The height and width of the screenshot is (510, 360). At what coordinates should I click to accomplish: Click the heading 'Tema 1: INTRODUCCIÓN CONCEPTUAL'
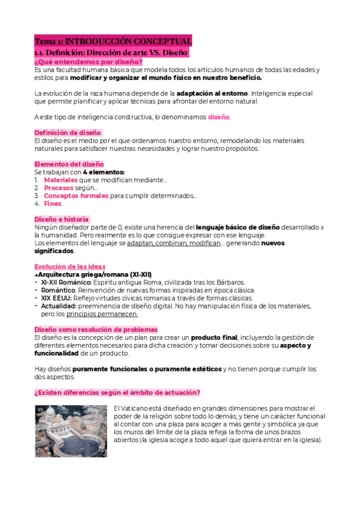(x=113, y=41)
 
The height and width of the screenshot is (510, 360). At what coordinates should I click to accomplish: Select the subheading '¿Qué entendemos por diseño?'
(x=88, y=62)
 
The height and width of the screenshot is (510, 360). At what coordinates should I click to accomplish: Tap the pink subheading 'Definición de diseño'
(x=68, y=132)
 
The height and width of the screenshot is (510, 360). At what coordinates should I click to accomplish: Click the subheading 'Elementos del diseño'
(x=69, y=164)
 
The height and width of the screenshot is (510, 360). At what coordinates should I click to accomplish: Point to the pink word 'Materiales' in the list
(x=61, y=180)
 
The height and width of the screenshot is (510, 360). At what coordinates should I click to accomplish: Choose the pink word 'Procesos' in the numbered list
(x=59, y=188)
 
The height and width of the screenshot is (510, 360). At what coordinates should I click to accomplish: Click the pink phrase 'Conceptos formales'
(x=76, y=195)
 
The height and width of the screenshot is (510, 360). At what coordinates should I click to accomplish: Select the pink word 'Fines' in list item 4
(x=52, y=203)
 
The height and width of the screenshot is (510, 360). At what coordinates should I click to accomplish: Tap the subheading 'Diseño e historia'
(x=62, y=220)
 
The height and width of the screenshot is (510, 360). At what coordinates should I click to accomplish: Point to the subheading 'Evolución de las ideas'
(x=70, y=266)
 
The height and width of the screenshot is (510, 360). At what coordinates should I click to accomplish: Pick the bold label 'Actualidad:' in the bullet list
(x=59, y=306)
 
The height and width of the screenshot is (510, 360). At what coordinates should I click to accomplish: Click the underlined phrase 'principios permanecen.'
(x=102, y=314)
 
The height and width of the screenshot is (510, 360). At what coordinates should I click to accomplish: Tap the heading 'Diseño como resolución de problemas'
(x=96, y=330)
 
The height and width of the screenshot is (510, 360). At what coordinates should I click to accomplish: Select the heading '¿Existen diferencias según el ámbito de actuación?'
(x=117, y=393)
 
